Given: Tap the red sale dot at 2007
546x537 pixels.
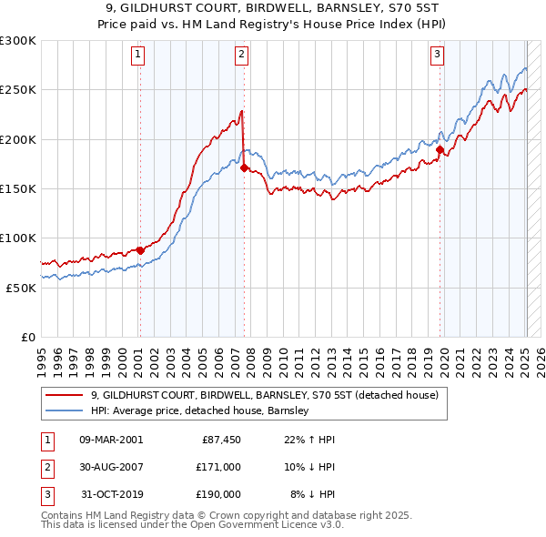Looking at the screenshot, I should (x=244, y=167).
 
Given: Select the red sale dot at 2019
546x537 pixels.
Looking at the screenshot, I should (x=440, y=149).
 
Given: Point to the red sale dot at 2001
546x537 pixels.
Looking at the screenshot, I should (x=140, y=250).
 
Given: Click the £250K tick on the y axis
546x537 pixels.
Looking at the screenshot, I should (x=18, y=90).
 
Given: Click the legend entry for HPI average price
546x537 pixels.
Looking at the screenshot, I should (x=200, y=410).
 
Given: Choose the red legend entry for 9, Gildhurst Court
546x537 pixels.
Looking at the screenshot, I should (x=265, y=395).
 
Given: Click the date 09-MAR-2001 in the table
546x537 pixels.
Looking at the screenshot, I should (x=111, y=440).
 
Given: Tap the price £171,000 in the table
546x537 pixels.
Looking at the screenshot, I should (x=218, y=467).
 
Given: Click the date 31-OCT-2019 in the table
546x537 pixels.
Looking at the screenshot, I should (x=111, y=494).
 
